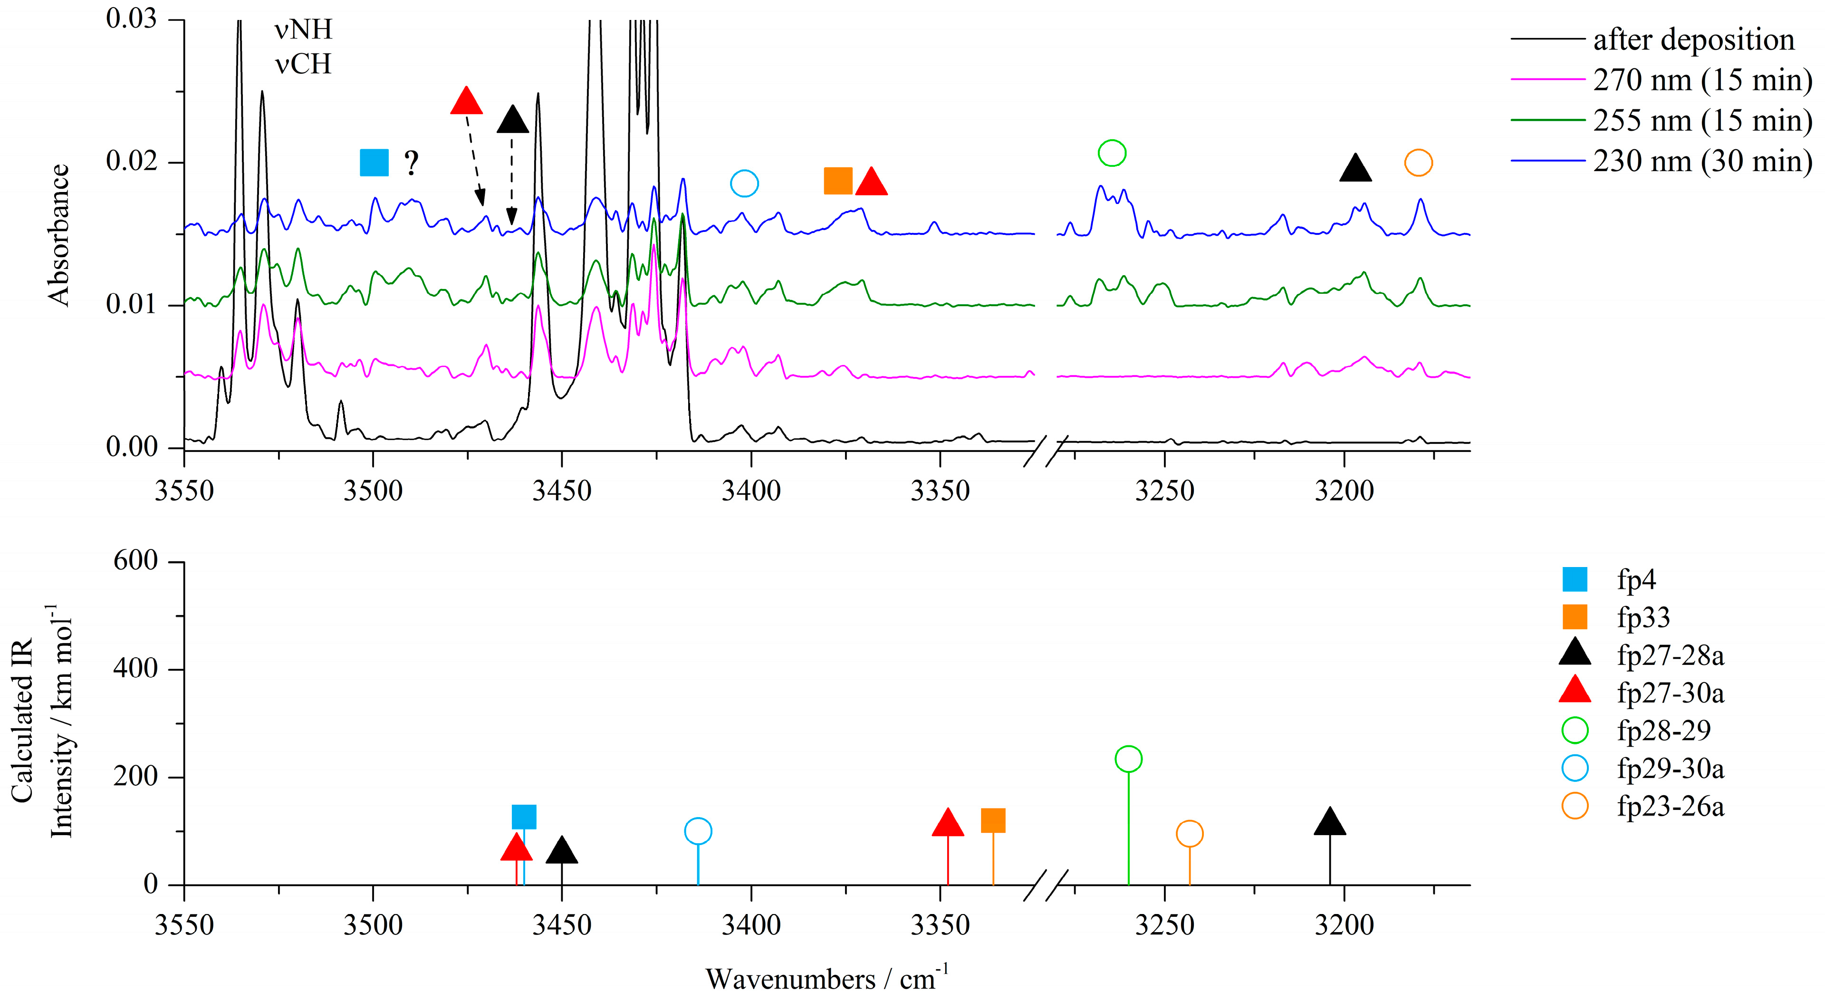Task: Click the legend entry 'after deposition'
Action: (x=1693, y=39)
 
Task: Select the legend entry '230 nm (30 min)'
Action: (x=1702, y=162)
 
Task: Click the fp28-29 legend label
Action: (x=1663, y=731)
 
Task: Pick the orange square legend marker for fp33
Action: (x=1574, y=617)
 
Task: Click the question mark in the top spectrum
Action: (x=412, y=164)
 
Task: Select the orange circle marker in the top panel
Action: (x=1418, y=163)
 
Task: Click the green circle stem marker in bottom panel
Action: (x=1128, y=759)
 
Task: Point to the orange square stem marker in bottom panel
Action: (x=992, y=820)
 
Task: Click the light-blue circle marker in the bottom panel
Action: (x=698, y=831)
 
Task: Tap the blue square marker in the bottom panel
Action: (x=524, y=817)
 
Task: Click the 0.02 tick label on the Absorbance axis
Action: (x=131, y=162)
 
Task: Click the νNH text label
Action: (x=303, y=30)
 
